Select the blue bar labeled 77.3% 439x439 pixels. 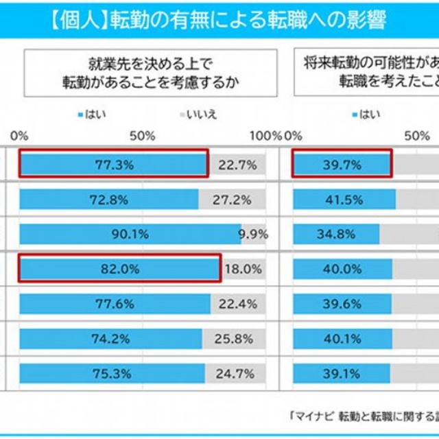(113, 165)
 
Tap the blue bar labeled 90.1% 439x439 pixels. (130, 234)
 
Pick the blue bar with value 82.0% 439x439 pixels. (119, 269)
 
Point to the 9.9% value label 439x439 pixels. (253, 234)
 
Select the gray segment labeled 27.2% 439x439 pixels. (233, 200)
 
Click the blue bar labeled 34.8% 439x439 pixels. (336, 234)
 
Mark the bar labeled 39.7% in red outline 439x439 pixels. (342, 165)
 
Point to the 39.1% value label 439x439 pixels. (341, 373)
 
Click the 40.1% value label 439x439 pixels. (342, 338)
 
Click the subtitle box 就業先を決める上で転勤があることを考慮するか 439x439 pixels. (151, 73)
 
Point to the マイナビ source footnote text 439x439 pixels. (364, 415)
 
